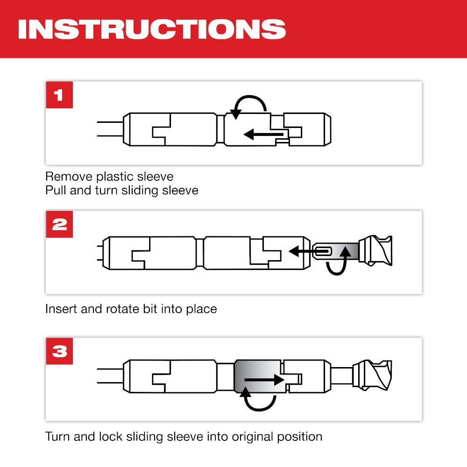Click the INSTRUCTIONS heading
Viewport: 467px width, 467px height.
[x=151, y=28]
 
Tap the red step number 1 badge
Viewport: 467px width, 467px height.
[x=59, y=95]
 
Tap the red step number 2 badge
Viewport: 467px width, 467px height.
[x=59, y=224]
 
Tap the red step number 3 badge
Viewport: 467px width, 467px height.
[x=59, y=351]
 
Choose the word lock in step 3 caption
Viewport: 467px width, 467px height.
[x=111, y=437]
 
